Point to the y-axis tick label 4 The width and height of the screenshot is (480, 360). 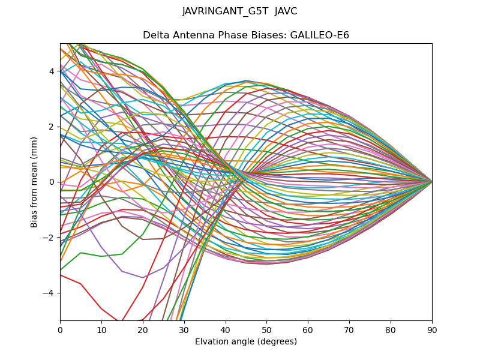click(52, 71)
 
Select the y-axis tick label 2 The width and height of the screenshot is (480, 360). click(52, 127)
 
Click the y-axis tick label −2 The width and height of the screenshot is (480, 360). click(50, 237)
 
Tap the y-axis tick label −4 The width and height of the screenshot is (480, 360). click(50, 293)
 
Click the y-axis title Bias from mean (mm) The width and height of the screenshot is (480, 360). click(35, 182)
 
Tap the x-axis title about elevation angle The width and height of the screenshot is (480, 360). click(246, 341)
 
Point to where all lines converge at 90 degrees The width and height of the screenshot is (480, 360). click(431, 181)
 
